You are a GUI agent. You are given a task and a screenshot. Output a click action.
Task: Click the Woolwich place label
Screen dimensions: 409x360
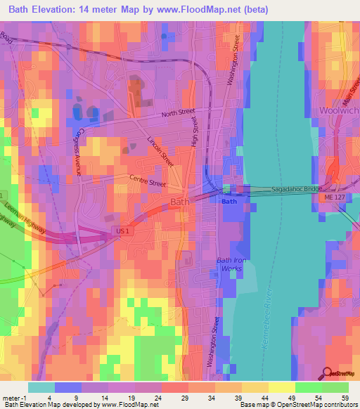338,111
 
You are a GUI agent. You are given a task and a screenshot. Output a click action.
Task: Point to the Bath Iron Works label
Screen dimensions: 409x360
229,264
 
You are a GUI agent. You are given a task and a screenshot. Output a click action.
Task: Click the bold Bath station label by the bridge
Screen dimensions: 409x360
229,202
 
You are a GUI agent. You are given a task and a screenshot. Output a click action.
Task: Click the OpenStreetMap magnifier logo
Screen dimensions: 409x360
328,373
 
